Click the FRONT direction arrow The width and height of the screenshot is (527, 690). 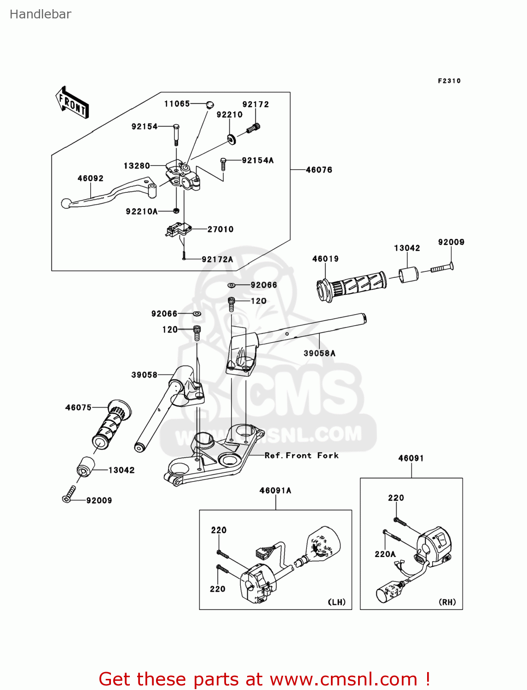[72, 103]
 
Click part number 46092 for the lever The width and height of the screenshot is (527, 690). [90, 178]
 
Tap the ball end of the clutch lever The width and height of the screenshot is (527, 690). [66, 203]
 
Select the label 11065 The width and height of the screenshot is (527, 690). [177, 104]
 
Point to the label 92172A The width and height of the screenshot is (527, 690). [217, 259]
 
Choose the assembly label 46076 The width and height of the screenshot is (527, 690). [319, 170]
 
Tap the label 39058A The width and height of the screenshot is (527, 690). [319, 353]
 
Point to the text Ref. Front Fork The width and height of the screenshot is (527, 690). [301, 455]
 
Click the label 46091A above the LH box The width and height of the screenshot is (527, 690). [275, 491]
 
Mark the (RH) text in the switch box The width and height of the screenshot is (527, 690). [447, 602]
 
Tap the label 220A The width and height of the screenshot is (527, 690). [385, 554]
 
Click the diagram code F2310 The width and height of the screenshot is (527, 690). [449, 81]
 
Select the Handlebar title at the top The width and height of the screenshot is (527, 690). [41, 14]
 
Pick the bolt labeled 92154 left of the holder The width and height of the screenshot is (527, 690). [176, 134]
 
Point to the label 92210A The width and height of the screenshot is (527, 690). [142, 212]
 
